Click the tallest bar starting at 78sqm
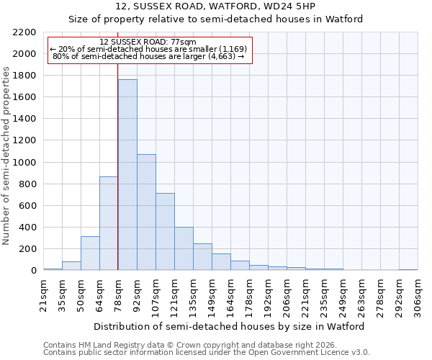(x=127, y=175)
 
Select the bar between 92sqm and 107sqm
(x=146, y=212)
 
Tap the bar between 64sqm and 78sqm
(x=109, y=223)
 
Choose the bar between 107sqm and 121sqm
(x=165, y=232)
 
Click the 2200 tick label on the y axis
(x=24, y=32)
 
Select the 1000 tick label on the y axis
(x=24, y=163)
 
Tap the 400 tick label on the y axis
(x=27, y=228)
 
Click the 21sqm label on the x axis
(x=43, y=294)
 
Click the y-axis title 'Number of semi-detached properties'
(x=6, y=156)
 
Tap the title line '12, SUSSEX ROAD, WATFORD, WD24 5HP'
(x=215, y=6)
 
